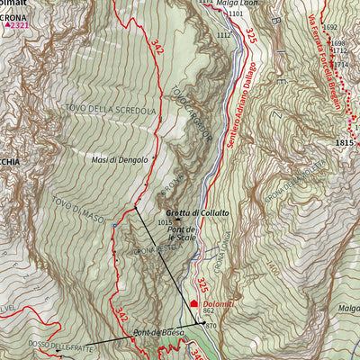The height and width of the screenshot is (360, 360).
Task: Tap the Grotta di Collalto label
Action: point(196,211)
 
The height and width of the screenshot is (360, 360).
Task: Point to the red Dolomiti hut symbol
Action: point(193,304)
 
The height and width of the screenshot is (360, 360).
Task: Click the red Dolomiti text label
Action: point(218,304)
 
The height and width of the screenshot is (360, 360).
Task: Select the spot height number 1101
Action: point(235,14)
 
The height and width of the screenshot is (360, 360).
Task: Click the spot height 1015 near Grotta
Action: point(164,221)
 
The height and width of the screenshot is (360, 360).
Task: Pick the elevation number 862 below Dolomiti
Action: point(208,312)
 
